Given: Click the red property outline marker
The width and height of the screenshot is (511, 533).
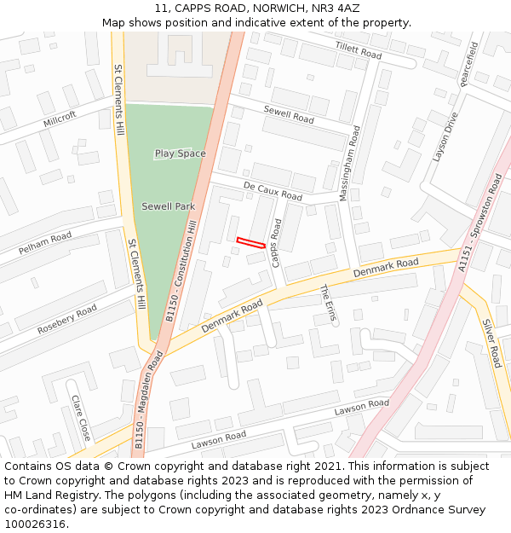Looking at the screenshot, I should tap(250, 243).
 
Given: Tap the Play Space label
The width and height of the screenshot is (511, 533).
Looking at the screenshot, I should tap(180, 154).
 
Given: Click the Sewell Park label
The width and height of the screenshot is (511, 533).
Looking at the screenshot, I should tap(168, 206).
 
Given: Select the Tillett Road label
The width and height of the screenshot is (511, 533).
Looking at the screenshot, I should tap(358, 50).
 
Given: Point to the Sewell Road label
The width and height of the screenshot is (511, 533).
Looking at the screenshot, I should tap(289, 115).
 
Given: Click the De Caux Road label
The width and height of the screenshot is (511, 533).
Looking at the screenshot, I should tap(273, 190).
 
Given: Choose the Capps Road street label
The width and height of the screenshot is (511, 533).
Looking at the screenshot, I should tap(276, 242).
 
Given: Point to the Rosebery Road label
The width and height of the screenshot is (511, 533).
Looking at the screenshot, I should tap(67, 320).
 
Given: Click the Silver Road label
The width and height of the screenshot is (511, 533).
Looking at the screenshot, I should tap(491, 344).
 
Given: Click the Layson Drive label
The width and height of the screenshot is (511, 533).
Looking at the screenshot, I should tap(445, 136).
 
